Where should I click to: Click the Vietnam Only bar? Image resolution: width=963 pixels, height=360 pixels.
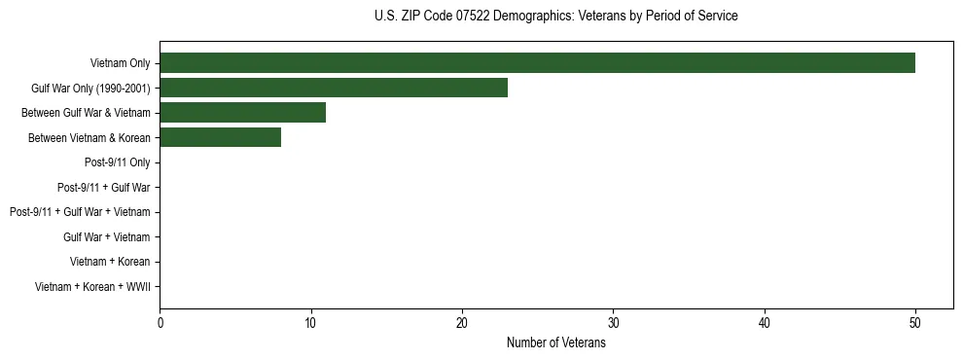tap(537, 63)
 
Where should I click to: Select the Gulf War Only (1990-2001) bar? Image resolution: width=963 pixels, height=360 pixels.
tap(334, 89)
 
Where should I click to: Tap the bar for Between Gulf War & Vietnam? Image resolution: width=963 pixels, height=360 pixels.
tap(242, 113)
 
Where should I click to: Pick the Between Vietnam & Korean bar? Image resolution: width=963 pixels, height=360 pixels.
tap(220, 137)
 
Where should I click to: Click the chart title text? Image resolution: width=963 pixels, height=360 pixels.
tap(555, 17)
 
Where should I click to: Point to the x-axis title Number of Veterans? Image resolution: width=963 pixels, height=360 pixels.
tap(555, 343)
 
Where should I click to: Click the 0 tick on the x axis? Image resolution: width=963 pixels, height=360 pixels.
tap(160, 323)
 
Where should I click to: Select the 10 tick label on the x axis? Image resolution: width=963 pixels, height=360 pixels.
tap(310, 323)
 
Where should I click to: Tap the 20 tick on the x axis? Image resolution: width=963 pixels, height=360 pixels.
tap(462, 323)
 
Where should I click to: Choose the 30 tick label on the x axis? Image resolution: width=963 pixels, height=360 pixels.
tap(613, 323)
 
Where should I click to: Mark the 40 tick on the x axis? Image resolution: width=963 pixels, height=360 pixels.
tap(765, 323)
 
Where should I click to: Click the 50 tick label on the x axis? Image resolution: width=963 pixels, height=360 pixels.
tap(915, 323)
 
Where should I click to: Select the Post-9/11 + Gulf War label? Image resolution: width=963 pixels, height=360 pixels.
tap(104, 187)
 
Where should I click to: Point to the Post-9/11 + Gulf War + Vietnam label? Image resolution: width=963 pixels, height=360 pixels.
tap(80, 212)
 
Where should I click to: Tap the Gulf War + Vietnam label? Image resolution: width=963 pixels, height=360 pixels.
tap(107, 236)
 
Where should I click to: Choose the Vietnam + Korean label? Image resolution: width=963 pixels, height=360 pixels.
tap(110, 262)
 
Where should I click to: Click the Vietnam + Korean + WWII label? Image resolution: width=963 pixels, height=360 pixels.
tap(92, 286)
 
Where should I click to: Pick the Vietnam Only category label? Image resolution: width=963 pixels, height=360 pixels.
tap(121, 63)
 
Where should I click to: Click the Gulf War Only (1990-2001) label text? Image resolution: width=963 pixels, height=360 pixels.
tap(90, 89)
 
